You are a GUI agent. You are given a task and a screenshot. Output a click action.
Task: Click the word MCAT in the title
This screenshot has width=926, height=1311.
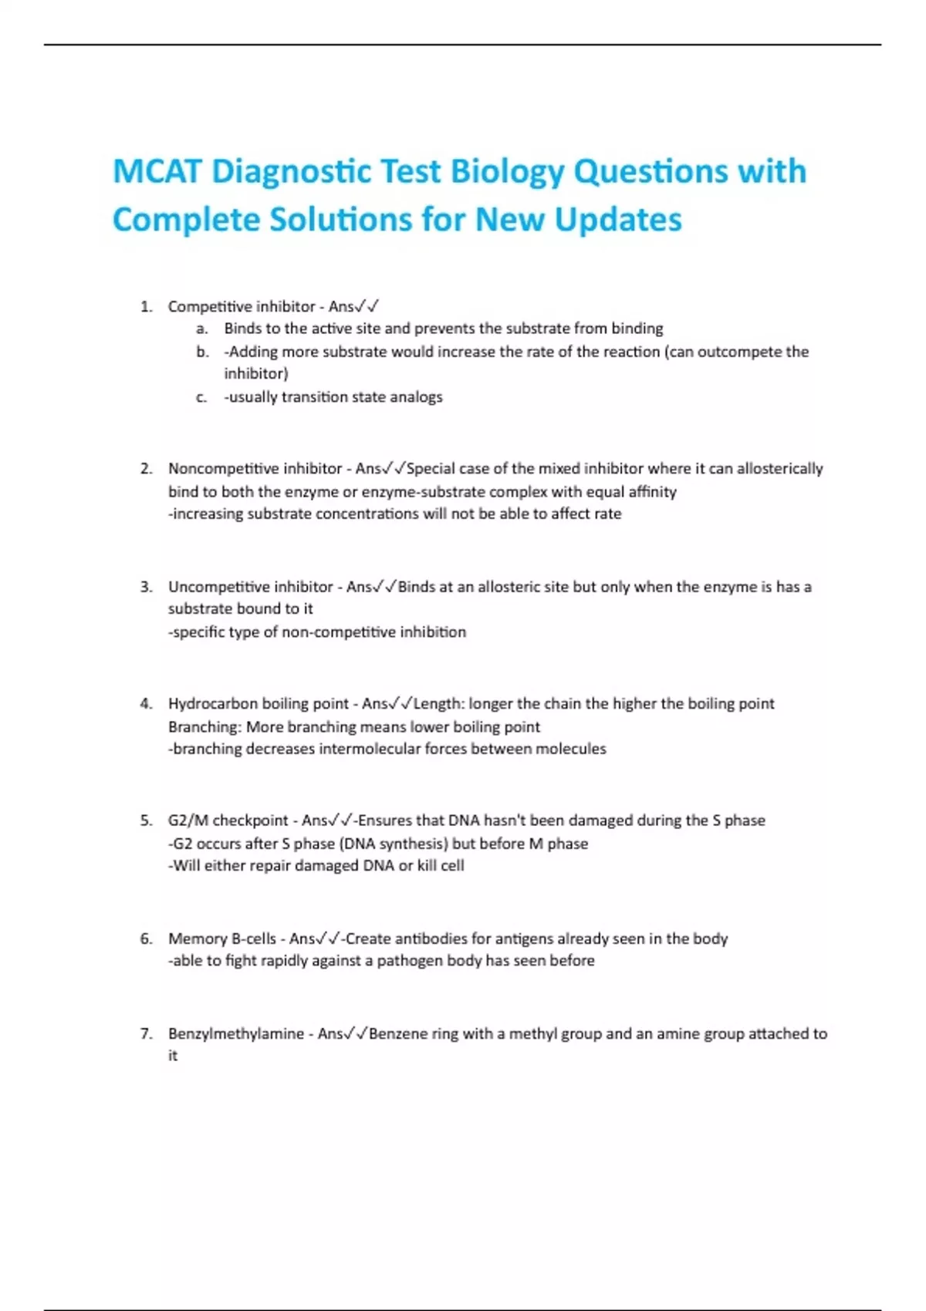point(157,171)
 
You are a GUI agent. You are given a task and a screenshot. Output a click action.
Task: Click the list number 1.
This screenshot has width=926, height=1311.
point(146,307)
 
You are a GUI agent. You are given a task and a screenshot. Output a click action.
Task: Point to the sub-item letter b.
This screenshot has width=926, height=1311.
point(202,352)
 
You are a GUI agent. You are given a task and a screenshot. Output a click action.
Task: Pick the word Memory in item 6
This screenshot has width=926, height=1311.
point(195,939)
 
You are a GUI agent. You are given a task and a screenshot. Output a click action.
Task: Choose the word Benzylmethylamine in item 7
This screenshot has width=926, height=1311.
point(235,1033)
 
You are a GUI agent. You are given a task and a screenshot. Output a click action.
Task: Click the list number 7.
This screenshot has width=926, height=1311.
point(146,1033)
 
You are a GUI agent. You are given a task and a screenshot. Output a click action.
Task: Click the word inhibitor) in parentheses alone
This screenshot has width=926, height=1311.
point(255,374)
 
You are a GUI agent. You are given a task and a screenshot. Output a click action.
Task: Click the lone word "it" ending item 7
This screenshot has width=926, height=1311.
point(173,1056)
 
